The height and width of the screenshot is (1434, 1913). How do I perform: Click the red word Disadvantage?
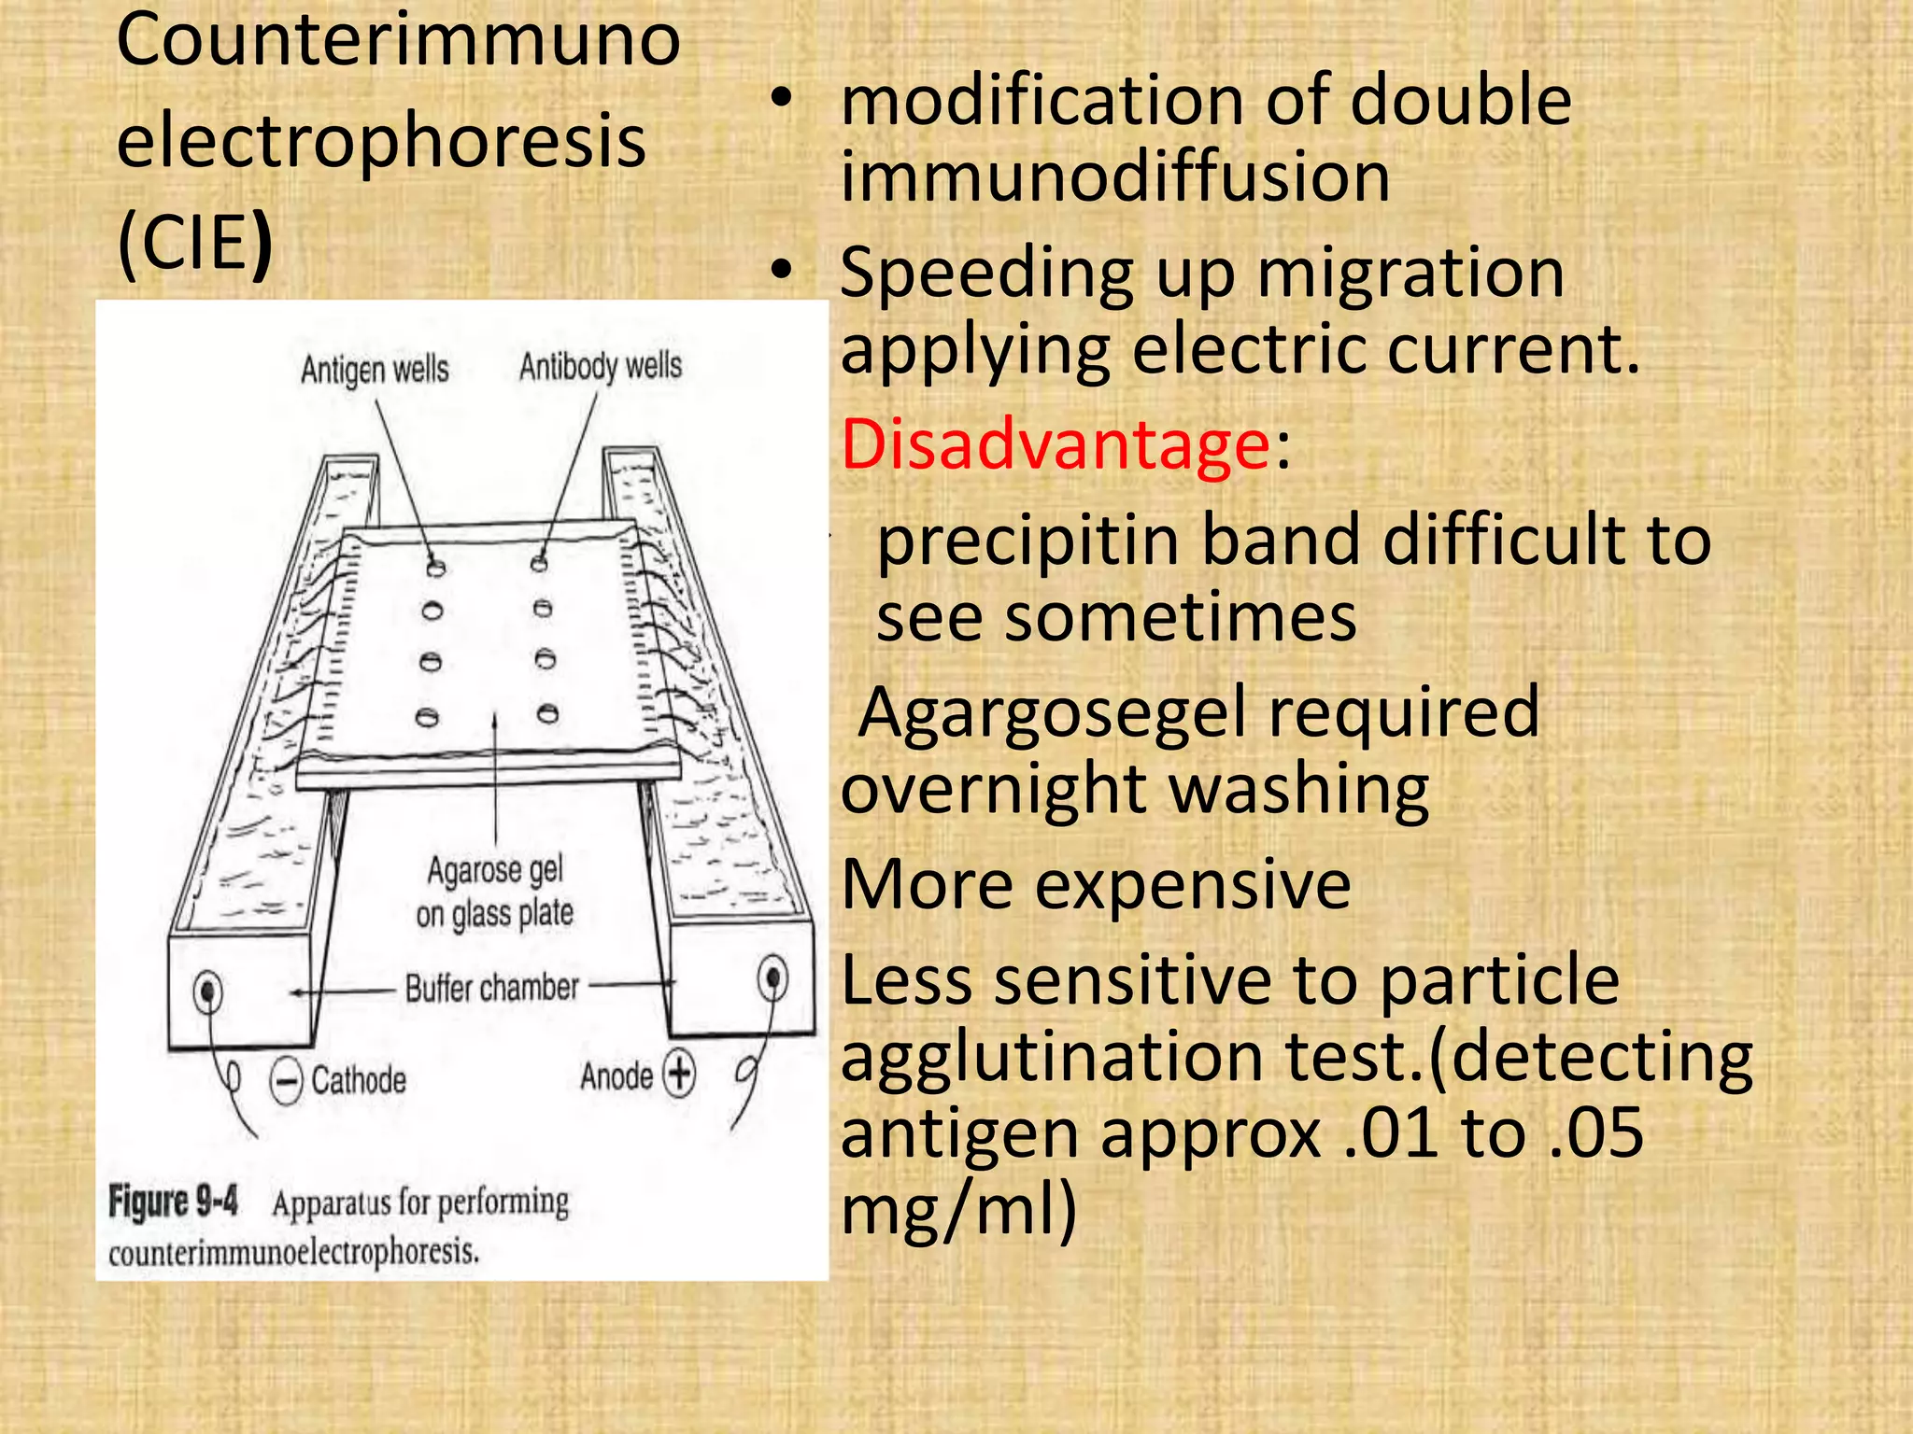click(1055, 444)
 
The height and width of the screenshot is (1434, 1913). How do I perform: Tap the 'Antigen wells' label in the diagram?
click(375, 370)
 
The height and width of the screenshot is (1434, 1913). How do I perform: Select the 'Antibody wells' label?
click(601, 366)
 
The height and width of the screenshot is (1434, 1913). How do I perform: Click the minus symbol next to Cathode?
click(286, 1081)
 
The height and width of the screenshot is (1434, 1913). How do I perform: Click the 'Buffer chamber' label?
click(491, 988)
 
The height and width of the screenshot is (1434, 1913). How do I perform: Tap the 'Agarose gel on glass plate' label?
click(494, 892)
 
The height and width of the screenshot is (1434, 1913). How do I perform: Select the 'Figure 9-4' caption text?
click(173, 1201)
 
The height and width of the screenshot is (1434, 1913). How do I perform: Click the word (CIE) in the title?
click(194, 242)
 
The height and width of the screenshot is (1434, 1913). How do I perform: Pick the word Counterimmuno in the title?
click(399, 41)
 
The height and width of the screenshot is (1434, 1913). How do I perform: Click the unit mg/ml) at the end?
click(958, 1209)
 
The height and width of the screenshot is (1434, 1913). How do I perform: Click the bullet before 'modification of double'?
click(782, 98)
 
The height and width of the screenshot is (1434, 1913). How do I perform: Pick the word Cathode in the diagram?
click(359, 1081)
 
